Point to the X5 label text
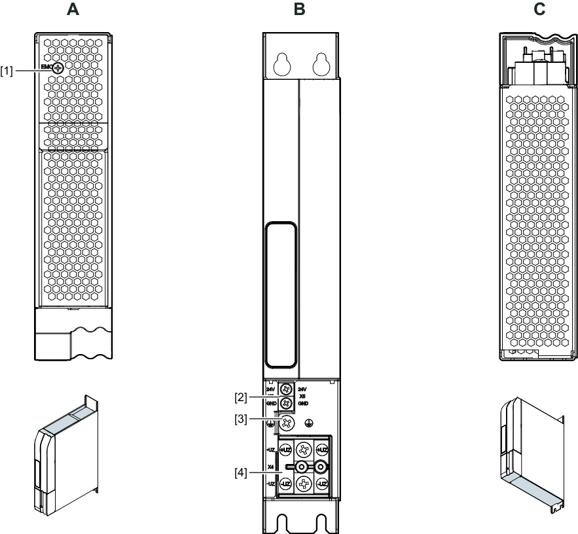point(302,397)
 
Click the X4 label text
point(270,467)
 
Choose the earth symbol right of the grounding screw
point(317,423)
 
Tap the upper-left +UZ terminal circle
point(285,450)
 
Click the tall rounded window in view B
point(280,294)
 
